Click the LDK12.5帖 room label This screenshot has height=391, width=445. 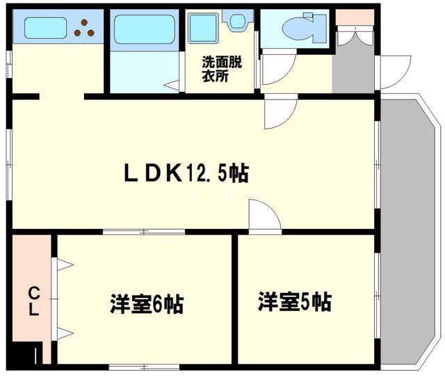point(186,172)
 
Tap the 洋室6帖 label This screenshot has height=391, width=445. point(146,304)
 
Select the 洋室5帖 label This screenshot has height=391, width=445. point(294,302)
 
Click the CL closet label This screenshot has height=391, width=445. point(33,301)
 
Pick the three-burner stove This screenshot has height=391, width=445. point(88,27)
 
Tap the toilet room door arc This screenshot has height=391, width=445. point(277,70)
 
